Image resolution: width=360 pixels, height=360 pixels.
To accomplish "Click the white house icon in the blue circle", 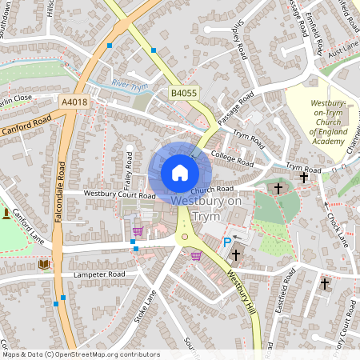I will coord(180,173).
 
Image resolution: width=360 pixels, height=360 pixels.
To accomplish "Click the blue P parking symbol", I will coord(227,242).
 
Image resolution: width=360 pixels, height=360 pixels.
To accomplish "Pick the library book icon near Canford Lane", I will coord(43,264).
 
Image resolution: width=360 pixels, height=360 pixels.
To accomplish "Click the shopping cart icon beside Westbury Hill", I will coord(196,255).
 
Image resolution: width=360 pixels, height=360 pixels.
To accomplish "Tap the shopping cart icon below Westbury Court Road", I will coord(137,230).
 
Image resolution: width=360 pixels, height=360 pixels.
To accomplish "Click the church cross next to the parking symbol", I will coord(236,255).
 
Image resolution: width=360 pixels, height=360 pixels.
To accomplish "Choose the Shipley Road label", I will coord(237,41).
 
